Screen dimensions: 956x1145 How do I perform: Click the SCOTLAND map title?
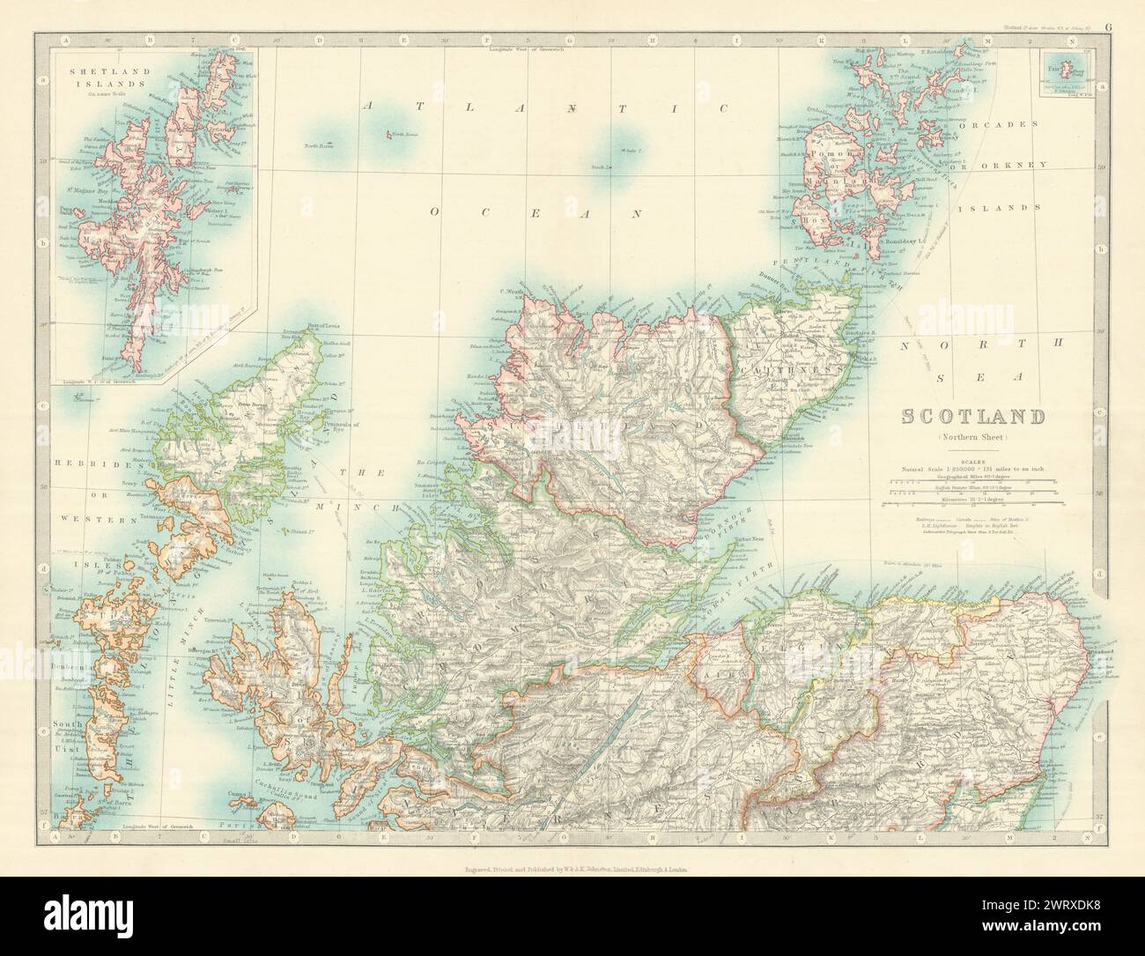point(973,417)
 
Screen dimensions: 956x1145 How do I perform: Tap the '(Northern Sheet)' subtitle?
point(973,438)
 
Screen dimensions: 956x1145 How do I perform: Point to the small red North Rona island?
point(388,136)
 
